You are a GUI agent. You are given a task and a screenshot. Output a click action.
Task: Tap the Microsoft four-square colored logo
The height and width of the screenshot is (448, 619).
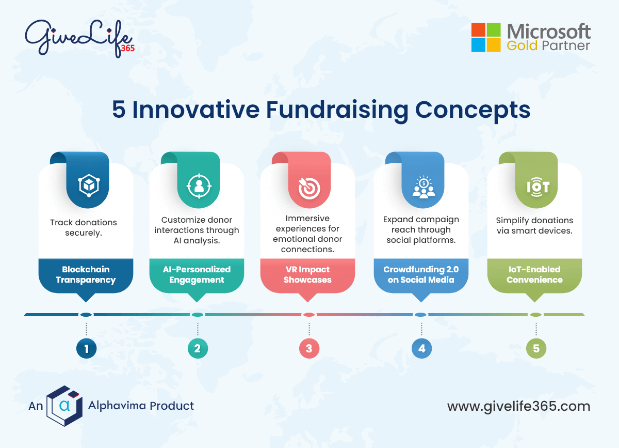click(x=485, y=37)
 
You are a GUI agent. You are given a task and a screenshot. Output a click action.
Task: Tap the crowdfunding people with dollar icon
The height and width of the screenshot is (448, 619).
click(x=423, y=188)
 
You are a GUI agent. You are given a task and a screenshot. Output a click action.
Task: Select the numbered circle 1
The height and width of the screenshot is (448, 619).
click(x=86, y=349)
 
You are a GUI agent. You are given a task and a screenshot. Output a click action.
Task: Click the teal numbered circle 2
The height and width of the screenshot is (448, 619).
click(x=198, y=349)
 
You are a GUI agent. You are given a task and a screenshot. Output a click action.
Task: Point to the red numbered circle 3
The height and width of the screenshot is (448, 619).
click(x=309, y=349)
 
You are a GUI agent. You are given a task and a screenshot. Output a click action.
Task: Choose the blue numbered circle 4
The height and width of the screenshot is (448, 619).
click(x=421, y=349)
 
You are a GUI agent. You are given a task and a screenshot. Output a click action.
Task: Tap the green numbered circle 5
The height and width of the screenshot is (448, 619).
click(x=536, y=349)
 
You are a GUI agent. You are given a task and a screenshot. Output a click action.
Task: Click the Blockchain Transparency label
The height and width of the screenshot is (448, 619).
click(x=86, y=274)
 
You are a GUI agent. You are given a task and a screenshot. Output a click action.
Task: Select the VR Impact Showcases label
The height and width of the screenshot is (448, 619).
click(x=308, y=274)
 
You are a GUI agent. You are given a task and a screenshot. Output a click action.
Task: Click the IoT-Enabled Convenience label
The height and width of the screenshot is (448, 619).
click(x=534, y=274)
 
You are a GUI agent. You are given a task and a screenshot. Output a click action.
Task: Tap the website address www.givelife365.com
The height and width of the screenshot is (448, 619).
click(x=518, y=406)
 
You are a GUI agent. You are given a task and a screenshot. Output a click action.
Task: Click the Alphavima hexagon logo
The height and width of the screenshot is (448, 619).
click(x=64, y=406)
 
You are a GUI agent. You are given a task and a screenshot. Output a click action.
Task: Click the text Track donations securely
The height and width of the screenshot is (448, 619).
click(x=84, y=227)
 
